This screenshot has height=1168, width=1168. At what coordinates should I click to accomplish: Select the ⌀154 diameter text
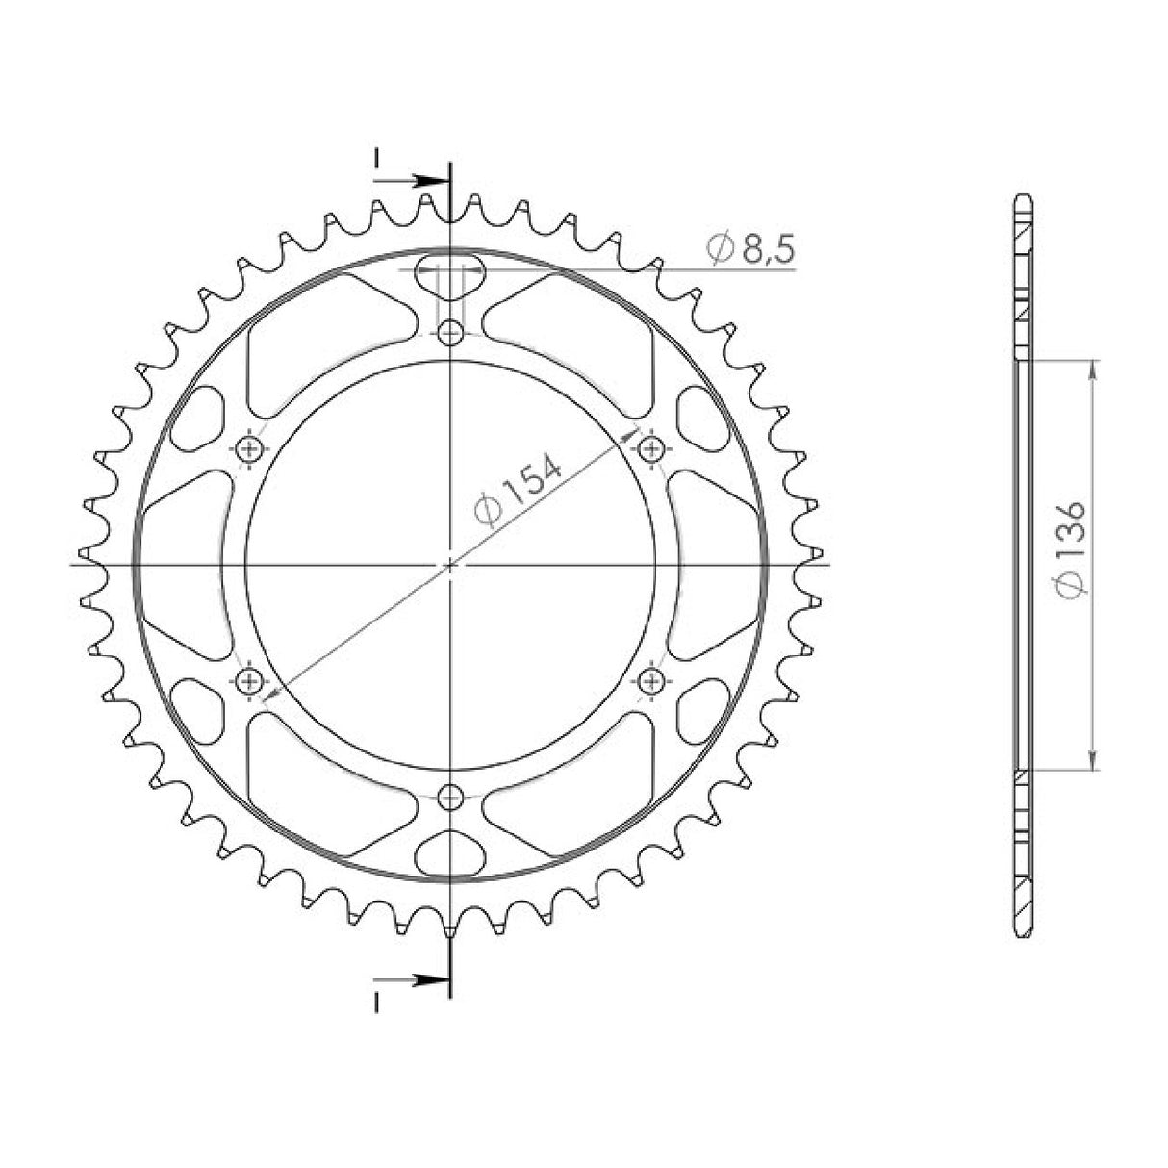click(x=519, y=490)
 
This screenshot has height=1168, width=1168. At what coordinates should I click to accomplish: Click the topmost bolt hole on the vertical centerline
click(x=449, y=334)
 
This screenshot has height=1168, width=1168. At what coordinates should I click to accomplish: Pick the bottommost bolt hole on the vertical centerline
click(x=449, y=797)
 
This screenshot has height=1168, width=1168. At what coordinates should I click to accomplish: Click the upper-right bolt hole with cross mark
click(x=651, y=448)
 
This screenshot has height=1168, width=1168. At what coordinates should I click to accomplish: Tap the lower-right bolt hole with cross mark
click(x=651, y=681)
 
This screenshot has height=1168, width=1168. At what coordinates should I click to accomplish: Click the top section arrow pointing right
click(x=428, y=180)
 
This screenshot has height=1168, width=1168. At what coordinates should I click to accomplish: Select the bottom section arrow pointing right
click(x=428, y=980)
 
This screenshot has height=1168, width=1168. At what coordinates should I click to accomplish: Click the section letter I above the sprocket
click(x=377, y=156)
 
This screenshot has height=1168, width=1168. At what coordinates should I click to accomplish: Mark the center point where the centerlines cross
click(x=449, y=565)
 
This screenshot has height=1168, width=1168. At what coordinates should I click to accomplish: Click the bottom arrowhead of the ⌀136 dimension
click(x=1092, y=761)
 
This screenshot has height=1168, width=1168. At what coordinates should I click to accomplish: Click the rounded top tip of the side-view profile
click(x=1024, y=198)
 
